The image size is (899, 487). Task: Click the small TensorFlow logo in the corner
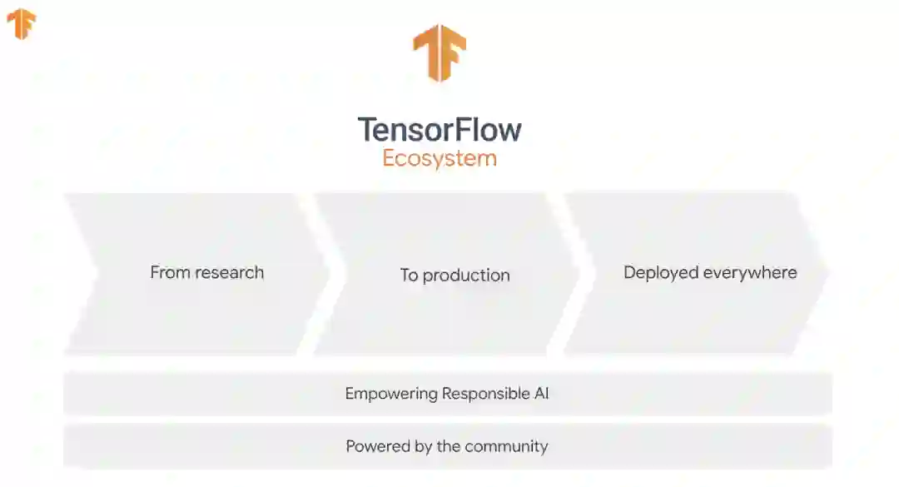tap(21, 24)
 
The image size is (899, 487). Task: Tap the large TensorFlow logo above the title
tap(439, 52)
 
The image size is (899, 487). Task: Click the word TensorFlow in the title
tap(440, 130)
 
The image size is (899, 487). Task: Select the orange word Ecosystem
tap(440, 158)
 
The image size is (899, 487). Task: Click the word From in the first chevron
tap(170, 272)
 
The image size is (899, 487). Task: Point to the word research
tap(229, 272)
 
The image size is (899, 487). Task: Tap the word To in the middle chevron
tap(409, 276)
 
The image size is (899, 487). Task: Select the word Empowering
tap(390, 394)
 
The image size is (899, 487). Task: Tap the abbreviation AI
tap(541, 394)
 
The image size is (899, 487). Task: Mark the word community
tap(506, 447)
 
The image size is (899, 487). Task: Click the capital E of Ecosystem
tap(389, 158)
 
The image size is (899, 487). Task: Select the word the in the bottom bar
tap(449, 447)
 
